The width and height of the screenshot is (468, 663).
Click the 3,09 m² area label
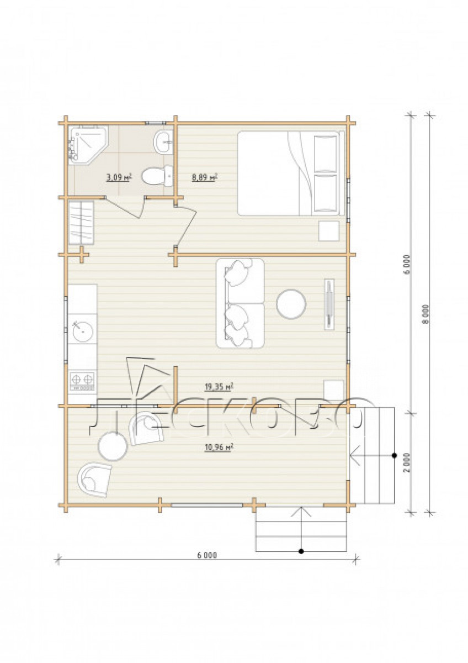pos(119,177)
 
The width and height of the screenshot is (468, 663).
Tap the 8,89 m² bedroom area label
pos(205,177)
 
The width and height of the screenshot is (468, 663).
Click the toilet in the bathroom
pos(157,176)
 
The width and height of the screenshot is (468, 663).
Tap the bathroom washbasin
pos(163,143)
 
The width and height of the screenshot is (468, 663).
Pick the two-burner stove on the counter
pos(82,381)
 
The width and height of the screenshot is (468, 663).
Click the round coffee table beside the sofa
pos(291,304)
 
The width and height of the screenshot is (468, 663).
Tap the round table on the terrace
pos(113,446)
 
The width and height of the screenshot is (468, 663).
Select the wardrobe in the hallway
pos(81,223)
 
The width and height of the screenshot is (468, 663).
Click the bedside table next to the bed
pos(329,231)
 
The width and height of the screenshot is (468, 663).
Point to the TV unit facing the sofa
pos(329,304)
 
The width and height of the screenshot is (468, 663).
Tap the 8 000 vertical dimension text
pos(426,314)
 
